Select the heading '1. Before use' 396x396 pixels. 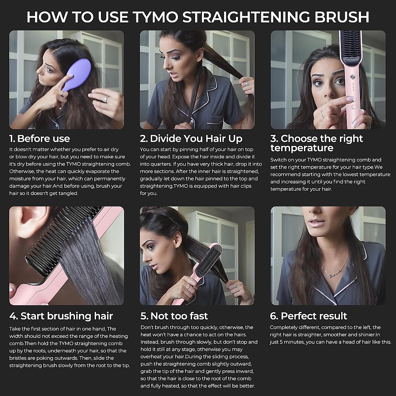coord(40,139)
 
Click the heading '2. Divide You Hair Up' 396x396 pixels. coord(191,139)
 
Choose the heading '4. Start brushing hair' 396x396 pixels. coord(61,316)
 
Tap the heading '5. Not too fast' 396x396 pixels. coord(174,316)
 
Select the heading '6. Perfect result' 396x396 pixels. coord(308,316)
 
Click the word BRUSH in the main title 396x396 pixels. coord(342,17)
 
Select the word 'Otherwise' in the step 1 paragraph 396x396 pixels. coord(21,172)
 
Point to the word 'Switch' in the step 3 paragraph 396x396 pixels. coord(278,160)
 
